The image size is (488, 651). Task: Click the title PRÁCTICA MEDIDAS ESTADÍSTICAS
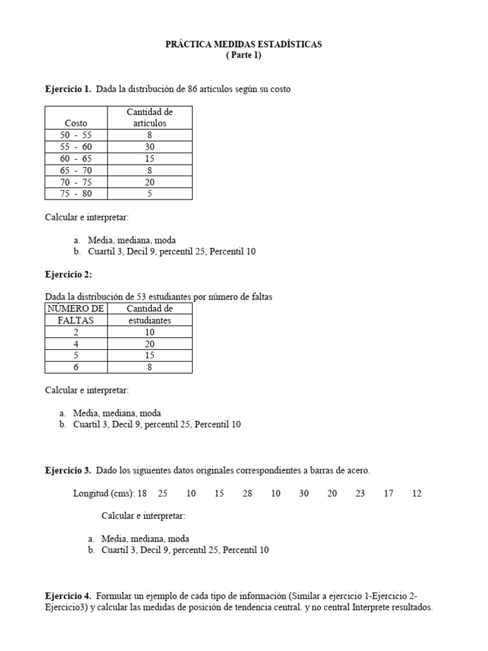[x=243, y=45]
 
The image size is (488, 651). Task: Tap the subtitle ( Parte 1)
[x=243, y=55]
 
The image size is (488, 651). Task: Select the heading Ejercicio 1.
[x=68, y=89]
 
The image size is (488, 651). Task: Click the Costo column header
[x=76, y=123]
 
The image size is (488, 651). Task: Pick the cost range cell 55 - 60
[x=76, y=147]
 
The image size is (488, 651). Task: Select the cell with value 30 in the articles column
[x=149, y=147]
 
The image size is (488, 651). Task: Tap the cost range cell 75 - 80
[x=76, y=194]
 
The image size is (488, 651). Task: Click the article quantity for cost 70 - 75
[x=149, y=182]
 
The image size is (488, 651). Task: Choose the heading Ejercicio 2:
[x=68, y=275]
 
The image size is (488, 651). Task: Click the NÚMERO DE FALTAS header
[x=76, y=315]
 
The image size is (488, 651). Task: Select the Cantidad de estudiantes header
[x=149, y=315]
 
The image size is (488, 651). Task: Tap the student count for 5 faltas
[x=149, y=355]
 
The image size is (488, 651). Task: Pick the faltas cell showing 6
[x=76, y=367]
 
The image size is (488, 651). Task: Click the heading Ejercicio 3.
[x=68, y=470]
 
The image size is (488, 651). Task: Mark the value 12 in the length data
[x=416, y=493]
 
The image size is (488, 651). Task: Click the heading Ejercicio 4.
[x=68, y=596]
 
